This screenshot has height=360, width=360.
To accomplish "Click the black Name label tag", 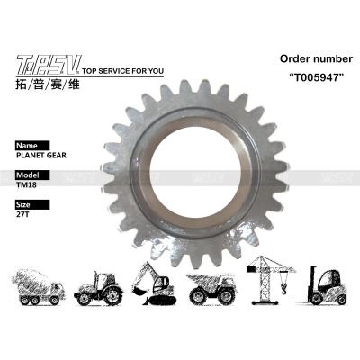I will (x=27, y=144).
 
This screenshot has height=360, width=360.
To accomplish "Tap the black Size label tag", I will (x=25, y=204).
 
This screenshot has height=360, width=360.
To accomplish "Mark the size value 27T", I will (x=23, y=216).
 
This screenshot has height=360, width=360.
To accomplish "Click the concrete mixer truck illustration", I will (x=41, y=285).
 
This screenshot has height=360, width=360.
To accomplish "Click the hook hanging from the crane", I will (x=283, y=291).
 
